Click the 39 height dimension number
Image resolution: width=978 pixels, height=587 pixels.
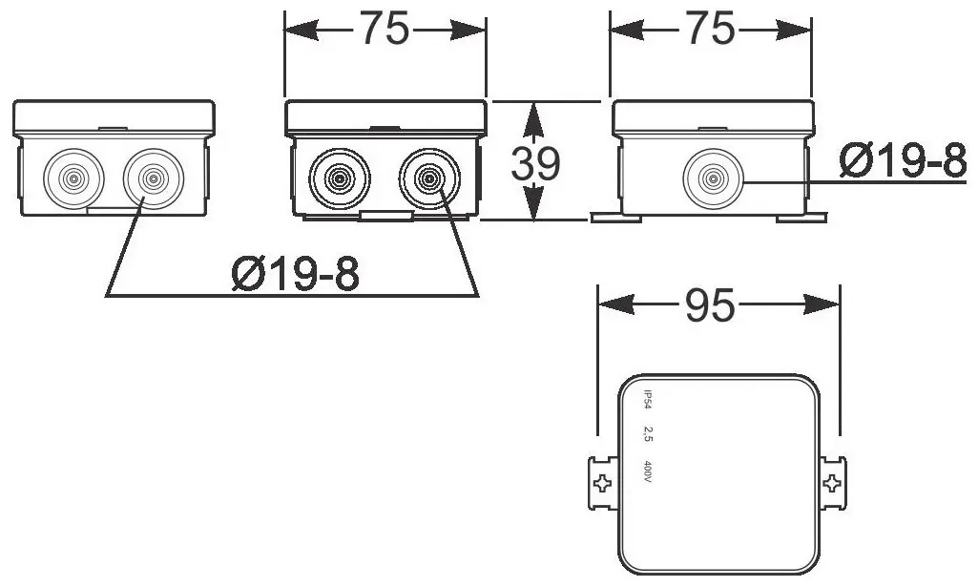(535, 164)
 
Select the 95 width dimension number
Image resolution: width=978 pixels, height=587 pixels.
(711, 305)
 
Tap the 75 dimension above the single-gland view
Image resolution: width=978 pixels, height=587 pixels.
(711, 30)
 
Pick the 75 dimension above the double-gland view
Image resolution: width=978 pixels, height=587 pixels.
(385, 30)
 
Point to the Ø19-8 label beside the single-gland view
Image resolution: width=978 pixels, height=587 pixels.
(902, 163)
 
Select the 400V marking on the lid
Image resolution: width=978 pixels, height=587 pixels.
(647, 472)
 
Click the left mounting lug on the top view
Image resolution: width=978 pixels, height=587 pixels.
(601, 482)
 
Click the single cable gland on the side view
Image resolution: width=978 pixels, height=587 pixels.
(711, 178)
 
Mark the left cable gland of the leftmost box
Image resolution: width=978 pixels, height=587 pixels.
(73, 178)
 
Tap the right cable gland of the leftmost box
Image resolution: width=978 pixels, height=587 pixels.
(151, 178)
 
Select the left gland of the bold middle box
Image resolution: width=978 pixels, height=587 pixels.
(338, 178)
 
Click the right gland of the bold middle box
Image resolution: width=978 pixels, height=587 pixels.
(428, 178)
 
